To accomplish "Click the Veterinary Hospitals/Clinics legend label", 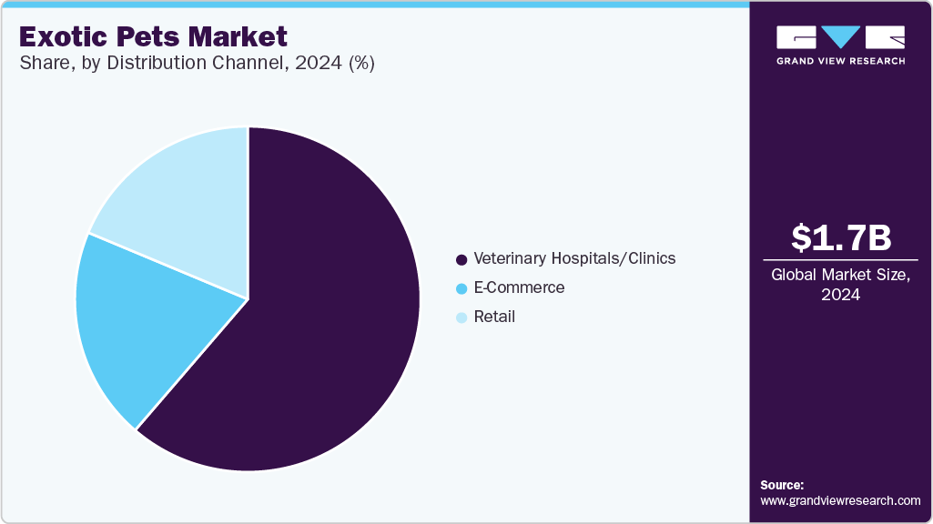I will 574,258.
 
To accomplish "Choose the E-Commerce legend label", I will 519,287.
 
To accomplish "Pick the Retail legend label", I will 494,317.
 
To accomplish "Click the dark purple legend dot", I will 461,259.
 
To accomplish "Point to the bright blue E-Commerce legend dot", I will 461,288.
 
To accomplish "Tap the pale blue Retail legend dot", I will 461,317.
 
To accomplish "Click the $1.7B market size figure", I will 841,237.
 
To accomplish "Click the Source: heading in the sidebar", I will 782,485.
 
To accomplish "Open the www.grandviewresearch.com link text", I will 840,500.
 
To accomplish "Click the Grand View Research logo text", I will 840,61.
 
